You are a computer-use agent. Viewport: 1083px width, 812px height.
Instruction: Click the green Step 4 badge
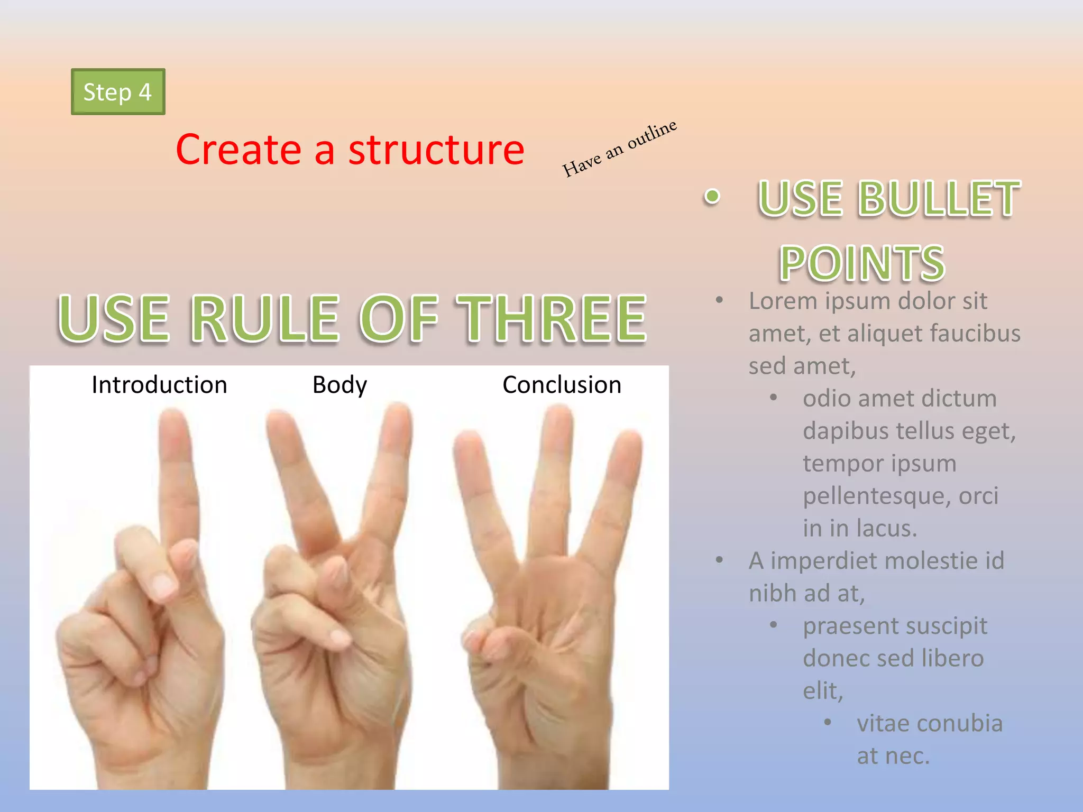118,92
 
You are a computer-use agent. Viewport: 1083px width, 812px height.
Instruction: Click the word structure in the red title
436,150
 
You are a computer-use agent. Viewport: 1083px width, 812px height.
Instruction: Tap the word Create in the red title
238,150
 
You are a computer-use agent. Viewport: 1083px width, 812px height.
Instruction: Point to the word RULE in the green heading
264,318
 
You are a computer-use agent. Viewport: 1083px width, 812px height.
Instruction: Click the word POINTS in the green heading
862,263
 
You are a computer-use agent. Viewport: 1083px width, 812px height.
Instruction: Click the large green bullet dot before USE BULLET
712,197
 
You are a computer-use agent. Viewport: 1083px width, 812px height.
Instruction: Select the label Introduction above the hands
159,385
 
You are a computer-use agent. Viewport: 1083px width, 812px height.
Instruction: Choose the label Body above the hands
339,385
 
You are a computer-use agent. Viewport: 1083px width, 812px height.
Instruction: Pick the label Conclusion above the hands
562,385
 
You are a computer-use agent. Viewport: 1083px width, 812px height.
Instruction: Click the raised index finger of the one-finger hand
177,476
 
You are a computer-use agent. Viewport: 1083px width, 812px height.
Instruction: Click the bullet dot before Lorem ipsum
719,300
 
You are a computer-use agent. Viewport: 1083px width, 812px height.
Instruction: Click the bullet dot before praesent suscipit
773,625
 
